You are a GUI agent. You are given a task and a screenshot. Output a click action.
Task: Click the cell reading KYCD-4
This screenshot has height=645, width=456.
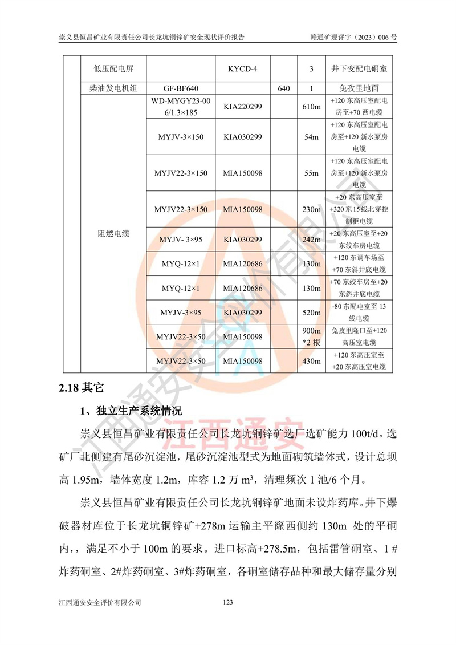242,69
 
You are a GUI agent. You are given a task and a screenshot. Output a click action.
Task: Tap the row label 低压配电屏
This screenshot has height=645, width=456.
113,69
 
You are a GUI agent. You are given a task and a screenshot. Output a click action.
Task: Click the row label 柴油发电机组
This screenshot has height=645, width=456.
113,88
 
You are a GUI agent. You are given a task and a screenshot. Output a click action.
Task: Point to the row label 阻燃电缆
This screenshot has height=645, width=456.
113,233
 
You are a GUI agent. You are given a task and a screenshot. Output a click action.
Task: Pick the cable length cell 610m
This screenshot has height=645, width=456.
311,107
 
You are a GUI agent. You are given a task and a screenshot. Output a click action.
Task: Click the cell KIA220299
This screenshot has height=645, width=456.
242,107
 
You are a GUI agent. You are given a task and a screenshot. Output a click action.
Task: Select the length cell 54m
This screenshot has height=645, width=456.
311,137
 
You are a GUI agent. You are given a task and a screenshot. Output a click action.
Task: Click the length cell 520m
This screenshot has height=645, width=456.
311,313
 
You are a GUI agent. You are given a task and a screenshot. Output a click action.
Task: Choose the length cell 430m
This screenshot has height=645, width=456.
311,362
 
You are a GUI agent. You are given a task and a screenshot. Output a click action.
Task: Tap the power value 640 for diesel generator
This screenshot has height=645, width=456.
284,88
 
